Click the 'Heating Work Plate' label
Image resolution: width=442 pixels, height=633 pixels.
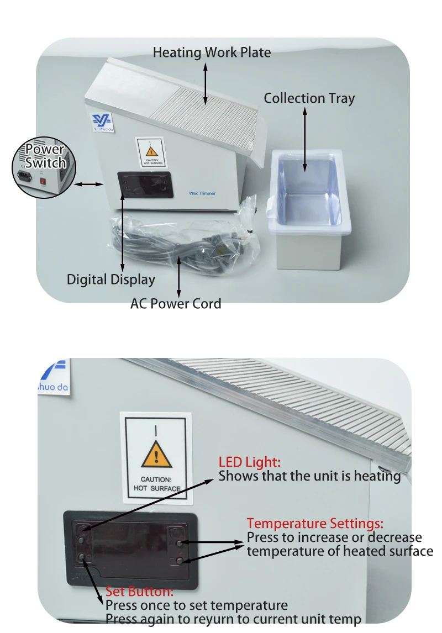coord(212,52)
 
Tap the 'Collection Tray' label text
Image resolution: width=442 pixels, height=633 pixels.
coord(309,98)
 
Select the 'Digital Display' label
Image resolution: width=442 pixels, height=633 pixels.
coord(110,279)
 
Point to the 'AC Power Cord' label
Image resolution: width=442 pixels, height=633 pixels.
coord(176,304)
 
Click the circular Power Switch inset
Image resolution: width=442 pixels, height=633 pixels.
coord(44,167)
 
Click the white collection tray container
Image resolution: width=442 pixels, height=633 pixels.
coord(309,209)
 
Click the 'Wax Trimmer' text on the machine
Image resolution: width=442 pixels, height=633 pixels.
coord(202,193)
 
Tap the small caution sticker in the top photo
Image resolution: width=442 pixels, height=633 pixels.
coord(151,153)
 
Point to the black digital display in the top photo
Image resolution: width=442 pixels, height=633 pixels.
coord(145,185)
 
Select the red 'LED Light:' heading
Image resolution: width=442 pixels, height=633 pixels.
coord(250,462)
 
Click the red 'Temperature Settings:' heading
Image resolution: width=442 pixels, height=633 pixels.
coord(315,523)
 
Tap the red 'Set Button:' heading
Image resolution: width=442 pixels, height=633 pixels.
coord(139,592)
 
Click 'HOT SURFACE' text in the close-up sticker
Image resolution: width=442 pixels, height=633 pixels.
coord(157,488)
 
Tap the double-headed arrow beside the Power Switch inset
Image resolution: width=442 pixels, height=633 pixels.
coord(89,184)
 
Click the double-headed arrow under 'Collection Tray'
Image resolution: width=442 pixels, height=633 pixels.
coord(305,140)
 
